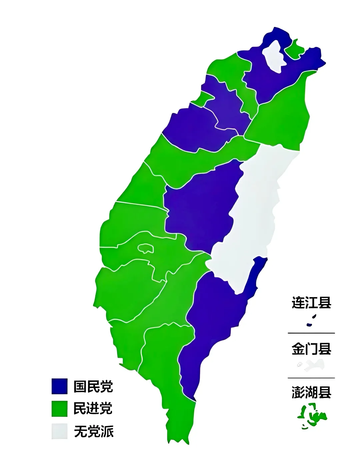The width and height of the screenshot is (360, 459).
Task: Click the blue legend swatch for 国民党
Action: tap(59, 386)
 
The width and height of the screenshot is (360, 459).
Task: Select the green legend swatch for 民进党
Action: tap(59, 408)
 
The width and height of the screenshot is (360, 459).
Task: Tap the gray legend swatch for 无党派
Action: tap(59, 431)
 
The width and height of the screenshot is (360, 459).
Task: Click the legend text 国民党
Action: tap(93, 387)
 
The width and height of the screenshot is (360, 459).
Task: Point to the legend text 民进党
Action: tap(93, 409)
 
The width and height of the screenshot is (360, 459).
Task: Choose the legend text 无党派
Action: tap(94, 431)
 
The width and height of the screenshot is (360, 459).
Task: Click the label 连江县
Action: tap(311, 303)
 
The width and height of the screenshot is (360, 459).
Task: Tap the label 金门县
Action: tap(311, 349)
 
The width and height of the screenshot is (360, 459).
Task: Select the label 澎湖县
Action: tap(311, 392)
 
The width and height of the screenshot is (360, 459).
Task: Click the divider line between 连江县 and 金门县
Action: tap(311, 333)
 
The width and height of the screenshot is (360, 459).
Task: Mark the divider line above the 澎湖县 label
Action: tap(311, 378)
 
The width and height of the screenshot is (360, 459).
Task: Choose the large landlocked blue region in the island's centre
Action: tap(200, 210)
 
